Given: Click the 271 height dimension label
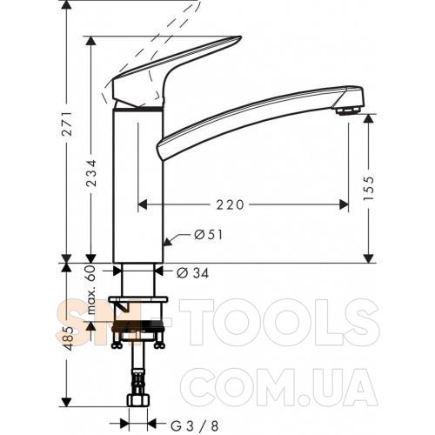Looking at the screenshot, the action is pos(68,124).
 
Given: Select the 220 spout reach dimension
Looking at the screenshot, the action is pos(231,205).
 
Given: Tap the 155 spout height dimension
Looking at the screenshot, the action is pos(369,188).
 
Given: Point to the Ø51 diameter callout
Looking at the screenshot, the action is pos(209,235).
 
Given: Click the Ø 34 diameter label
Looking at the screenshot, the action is pos(193,273).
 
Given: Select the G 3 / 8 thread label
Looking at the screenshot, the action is pos(195,426).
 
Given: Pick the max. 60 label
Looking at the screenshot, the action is pos(91,290).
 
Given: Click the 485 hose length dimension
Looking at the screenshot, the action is pos(68,338).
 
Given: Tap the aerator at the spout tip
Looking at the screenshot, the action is pos(348,110).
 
